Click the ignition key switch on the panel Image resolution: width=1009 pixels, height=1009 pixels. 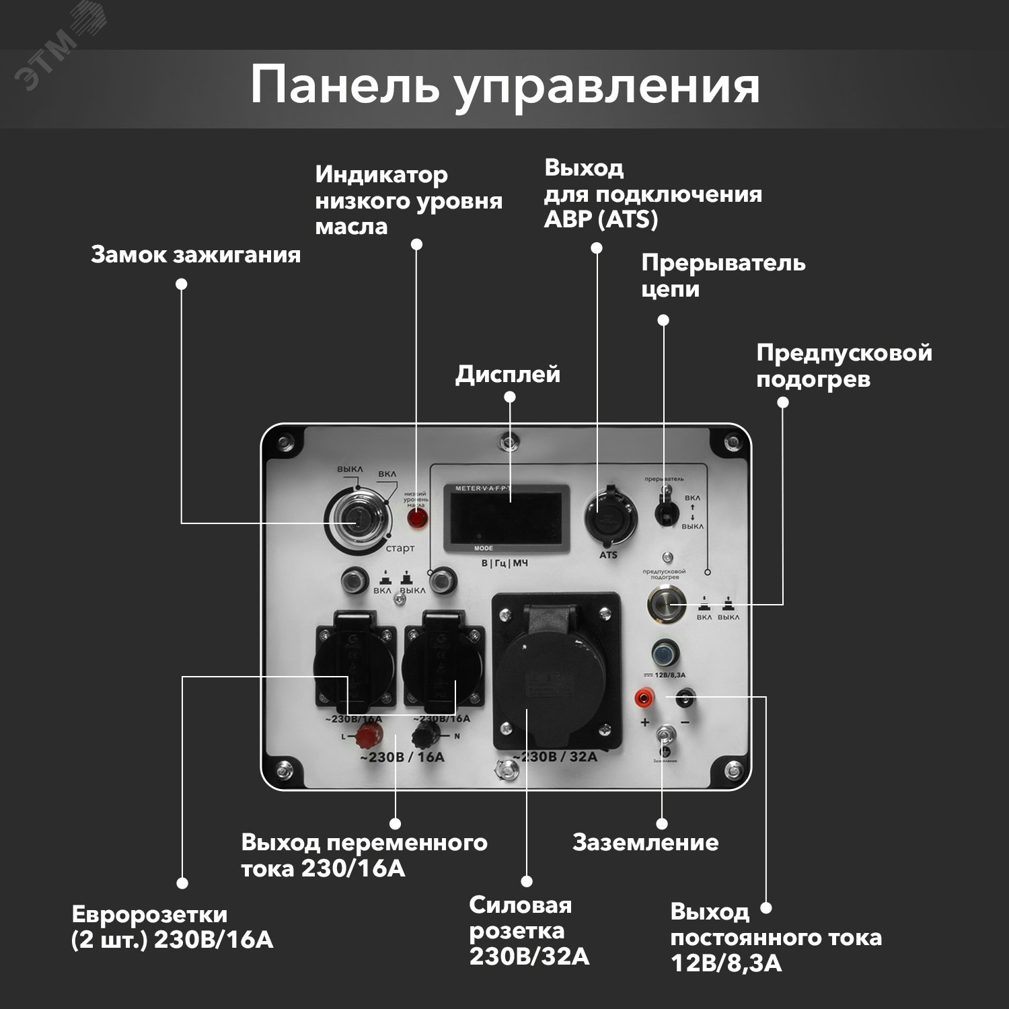pyautogui.click(x=357, y=517)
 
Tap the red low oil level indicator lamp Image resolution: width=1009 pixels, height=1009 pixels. pyautogui.click(x=416, y=518)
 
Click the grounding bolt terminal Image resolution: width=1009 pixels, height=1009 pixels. pyautogui.click(x=665, y=736)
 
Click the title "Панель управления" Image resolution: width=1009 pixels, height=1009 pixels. pyautogui.click(x=504, y=86)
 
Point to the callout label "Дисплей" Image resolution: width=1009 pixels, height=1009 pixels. pyautogui.click(x=508, y=374)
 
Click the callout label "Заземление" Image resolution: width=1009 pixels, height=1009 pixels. pyautogui.click(x=645, y=842)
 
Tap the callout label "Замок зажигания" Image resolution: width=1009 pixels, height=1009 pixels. pyautogui.click(x=196, y=255)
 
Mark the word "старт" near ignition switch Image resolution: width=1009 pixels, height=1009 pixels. pyautogui.click(x=400, y=548)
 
